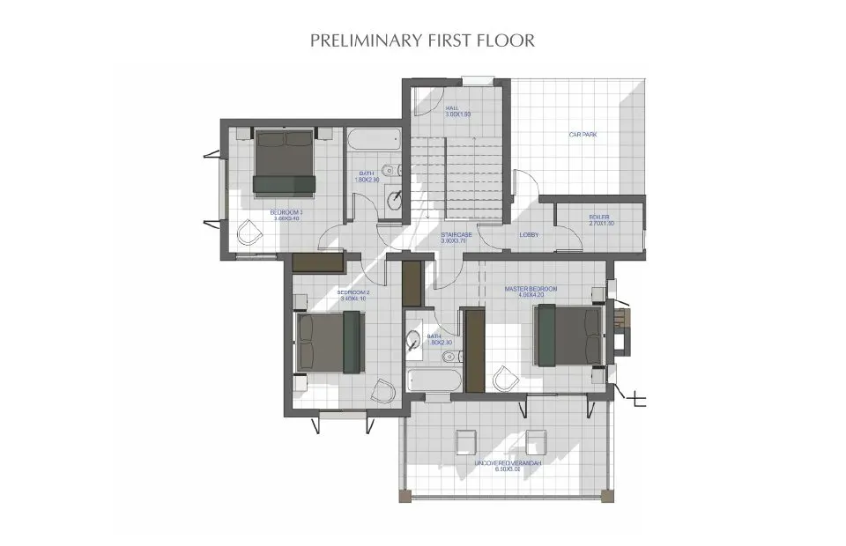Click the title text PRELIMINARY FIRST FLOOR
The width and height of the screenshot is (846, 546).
click(423, 41)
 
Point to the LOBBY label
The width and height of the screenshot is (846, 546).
click(529, 234)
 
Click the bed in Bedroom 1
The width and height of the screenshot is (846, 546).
click(285, 162)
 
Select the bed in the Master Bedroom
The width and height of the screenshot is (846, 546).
click(568, 335)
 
